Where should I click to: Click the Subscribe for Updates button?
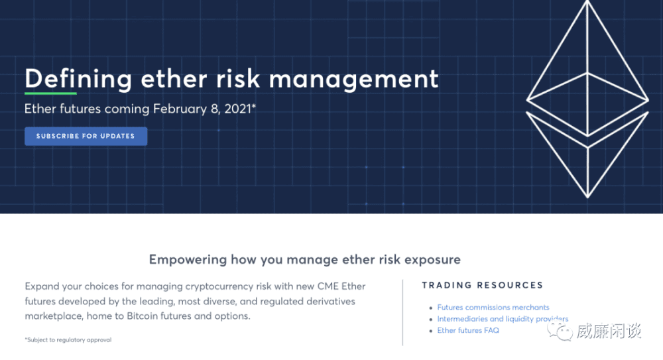(86, 136)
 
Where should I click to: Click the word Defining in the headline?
(78, 79)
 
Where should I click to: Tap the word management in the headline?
(353, 80)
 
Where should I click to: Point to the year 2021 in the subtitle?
(238, 109)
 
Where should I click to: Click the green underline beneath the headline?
(51, 93)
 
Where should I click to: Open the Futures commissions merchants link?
(493, 307)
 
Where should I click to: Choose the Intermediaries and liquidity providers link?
(503, 318)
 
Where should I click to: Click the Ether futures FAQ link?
(468, 330)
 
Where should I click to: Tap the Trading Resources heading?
(483, 285)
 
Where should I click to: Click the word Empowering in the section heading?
(188, 259)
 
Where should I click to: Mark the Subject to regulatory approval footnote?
(68, 339)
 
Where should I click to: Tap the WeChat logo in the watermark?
(560, 331)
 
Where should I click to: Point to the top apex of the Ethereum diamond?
(587, 1)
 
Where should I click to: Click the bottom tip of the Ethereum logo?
(587, 197)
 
